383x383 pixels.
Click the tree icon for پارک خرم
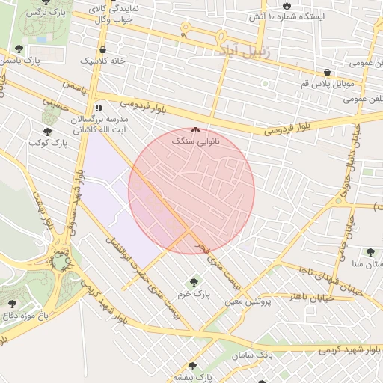click(194, 282)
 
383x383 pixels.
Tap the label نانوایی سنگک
click(195, 141)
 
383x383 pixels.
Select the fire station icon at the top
click(286, 6)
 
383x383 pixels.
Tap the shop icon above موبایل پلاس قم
click(327, 73)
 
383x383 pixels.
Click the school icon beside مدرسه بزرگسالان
click(99, 108)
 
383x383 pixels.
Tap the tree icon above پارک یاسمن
click(18, 49)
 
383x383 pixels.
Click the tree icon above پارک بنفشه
click(193, 367)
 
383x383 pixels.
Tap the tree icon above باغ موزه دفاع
click(13, 303)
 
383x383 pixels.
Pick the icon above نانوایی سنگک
click(195, 129)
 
